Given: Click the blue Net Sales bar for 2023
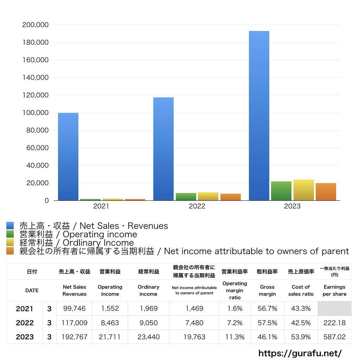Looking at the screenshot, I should point(259,116).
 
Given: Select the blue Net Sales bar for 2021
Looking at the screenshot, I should point(68,156).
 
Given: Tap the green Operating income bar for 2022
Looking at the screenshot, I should point(186,197).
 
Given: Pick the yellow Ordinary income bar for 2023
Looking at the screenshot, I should point(304,190).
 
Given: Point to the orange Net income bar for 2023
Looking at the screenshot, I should point(326,192).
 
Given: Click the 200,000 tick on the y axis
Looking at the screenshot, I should point(35,25).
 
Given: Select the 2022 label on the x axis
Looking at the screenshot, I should point(197,206).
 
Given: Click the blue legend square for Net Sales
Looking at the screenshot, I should point(10,226).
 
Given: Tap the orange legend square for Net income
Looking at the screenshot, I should point(10,251).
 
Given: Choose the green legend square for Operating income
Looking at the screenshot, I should point(10,234).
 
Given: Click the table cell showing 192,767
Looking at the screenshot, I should point(75,337).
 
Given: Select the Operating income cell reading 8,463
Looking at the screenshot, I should point(110,323).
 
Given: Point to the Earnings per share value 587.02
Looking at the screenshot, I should point(334,337).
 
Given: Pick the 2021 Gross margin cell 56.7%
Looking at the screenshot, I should point(267,309).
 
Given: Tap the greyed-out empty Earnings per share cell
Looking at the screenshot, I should point(334,308).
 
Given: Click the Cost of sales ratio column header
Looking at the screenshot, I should point(301,290).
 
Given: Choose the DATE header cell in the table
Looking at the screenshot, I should point(32,290).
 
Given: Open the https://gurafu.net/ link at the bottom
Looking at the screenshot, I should point(300,353).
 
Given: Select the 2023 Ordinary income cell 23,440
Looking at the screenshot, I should point(148,337).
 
